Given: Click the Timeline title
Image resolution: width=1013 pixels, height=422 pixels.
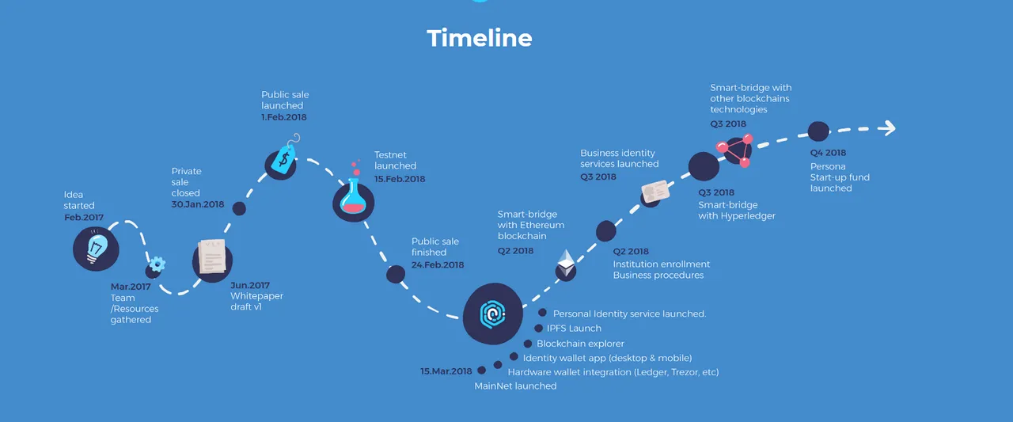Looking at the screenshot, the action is pos(480,38).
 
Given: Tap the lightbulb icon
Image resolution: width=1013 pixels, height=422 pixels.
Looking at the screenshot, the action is pos(97,248).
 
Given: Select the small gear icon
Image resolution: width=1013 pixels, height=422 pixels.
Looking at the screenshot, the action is pos(157,264).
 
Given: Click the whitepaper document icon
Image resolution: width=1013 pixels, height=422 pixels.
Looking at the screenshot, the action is pos(211,256).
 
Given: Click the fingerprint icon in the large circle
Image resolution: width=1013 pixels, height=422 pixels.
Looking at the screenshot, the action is pos(492,314).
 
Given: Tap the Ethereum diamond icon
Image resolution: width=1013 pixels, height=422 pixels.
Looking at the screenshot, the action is pos(566,263).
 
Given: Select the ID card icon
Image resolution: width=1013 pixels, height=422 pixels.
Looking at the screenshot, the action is pos(656,192).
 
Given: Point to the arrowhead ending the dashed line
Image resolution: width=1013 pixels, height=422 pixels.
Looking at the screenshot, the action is pos(888,128).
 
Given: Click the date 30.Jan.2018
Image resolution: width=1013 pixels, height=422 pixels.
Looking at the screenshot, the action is pos(198,204).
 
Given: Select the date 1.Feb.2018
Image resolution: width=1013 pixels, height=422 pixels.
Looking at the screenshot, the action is pos(283,117).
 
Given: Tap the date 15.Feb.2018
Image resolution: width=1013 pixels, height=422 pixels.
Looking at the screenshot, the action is pos(400,179).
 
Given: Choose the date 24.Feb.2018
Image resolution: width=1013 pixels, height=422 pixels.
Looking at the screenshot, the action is pos(438,265).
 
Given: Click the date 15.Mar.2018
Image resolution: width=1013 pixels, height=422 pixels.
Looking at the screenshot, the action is pos(446,371).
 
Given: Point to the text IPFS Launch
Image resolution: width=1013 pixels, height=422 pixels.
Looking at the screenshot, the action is pos(574,329).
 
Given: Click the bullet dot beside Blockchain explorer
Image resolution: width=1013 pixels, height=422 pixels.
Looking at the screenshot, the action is pos(528,344).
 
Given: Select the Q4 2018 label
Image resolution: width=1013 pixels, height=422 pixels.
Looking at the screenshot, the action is pos(828,153).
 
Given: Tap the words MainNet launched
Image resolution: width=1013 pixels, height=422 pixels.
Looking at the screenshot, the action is pos(515,386).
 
